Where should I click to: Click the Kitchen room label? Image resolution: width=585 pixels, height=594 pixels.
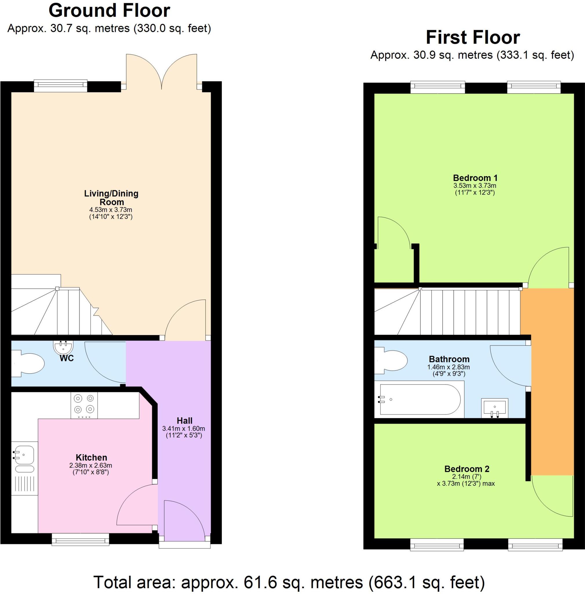[x=91, y=457]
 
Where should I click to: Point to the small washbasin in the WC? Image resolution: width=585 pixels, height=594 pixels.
[x=63, y=347]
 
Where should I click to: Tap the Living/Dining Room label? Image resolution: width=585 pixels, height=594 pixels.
[x=111, y=198]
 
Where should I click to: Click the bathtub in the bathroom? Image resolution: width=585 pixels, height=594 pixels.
[x=420, y=399]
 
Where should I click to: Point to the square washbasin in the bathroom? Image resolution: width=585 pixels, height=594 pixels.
[x=494, y=408]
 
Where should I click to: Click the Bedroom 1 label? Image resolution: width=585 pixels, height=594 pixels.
[x=475, y=178]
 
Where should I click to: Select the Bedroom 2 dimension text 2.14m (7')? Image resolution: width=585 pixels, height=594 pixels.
[x=466, y=477]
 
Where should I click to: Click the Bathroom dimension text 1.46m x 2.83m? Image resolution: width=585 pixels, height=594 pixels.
[x=448, y=367]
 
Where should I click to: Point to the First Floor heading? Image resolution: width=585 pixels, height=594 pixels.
[x=473, y=37]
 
